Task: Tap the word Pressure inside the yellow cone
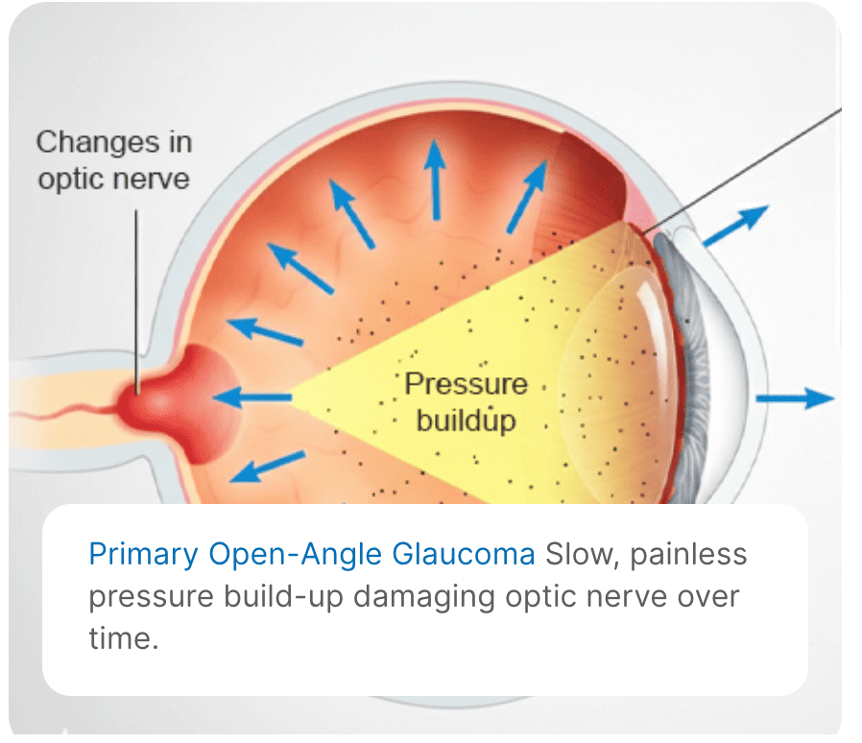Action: [466, 384]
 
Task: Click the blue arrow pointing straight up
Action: [437, 178]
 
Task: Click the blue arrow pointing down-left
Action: [260, 467]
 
